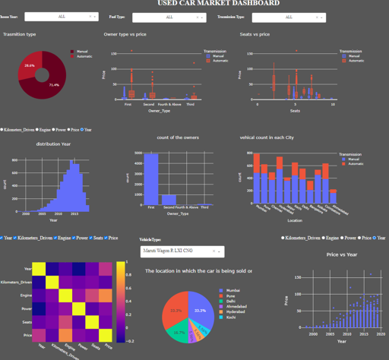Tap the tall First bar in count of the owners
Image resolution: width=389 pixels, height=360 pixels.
coord(151,179)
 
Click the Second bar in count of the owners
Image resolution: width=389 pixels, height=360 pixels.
coord(168,200)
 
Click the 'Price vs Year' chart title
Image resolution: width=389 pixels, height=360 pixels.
coord(341,255)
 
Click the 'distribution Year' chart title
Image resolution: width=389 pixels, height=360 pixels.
coord(53,144)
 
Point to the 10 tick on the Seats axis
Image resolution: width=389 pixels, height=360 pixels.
coord(332,104)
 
